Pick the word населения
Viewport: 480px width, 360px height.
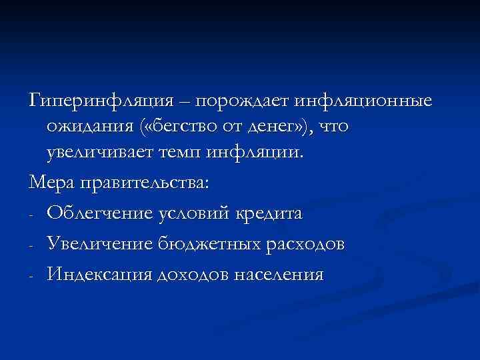coord(283,275)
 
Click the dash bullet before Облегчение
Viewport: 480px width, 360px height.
coord(32,215)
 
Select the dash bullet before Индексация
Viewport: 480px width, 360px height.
coord(32,276)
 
